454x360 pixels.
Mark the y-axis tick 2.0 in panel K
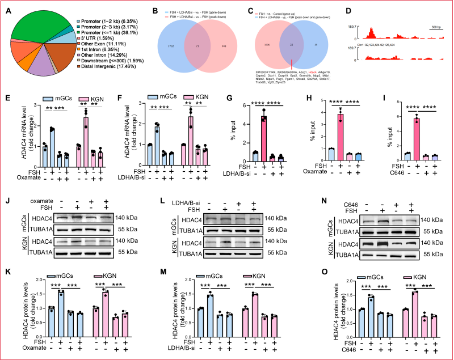[x=37, y=280]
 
